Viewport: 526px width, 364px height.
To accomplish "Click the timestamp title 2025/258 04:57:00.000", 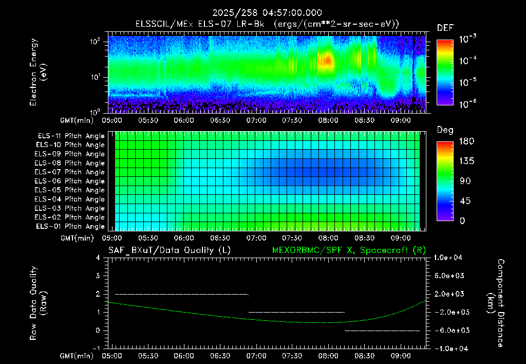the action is coord(267,13).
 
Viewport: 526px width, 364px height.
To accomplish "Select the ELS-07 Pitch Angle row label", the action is coord(69,172).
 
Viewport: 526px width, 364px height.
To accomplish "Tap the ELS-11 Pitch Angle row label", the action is coord(71,136).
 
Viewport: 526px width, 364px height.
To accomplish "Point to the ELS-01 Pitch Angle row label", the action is coord(70,226).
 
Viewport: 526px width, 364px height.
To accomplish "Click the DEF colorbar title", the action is coord(445,28).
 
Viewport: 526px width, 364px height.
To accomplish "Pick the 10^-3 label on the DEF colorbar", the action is coord(467,39).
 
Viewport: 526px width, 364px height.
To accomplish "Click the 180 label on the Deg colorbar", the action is coord(466,141).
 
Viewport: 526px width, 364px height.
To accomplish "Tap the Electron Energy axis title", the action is coord(38,72).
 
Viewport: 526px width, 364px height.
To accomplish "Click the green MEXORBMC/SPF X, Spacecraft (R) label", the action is coord(349,250).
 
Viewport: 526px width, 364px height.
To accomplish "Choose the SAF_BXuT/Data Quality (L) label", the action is coord(170,250).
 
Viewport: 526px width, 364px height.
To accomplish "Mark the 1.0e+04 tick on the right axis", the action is coord(448,258).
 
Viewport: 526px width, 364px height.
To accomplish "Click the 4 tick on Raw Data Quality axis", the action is coord(98,258).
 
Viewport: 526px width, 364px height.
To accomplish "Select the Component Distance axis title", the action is coord(496,303).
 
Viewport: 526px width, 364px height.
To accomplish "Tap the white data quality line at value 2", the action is coord(181,294).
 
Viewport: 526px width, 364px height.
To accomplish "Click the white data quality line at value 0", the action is coord(382,331).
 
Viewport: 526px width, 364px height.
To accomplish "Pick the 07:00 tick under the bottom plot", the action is coord(256,356).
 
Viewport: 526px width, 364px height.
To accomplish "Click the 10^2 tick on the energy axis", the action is coord(95,42).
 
